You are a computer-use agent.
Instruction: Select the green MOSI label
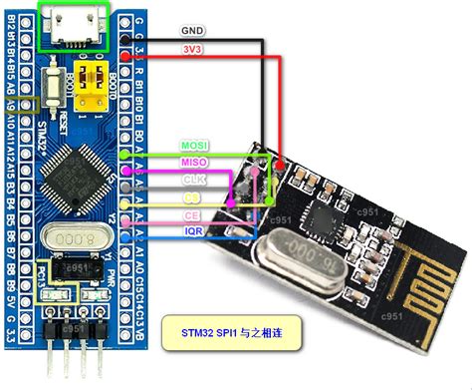point(193,145)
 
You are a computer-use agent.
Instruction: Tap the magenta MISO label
point(193,162)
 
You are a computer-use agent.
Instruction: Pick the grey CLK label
point(193,179)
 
